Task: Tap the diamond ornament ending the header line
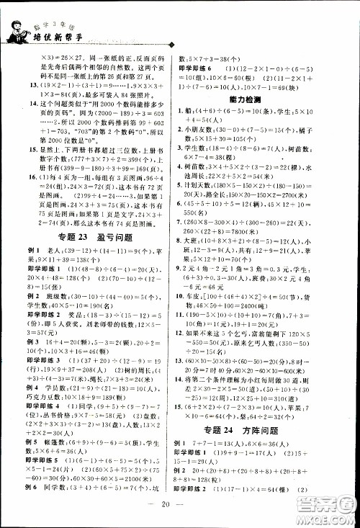click(x=171, y=43)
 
